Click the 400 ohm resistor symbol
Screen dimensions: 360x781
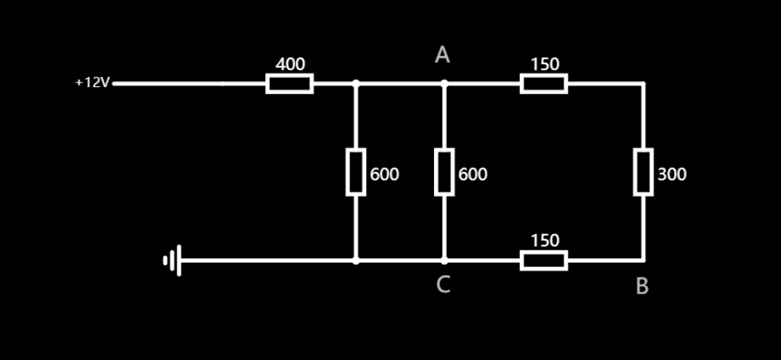click(x=289, y=84)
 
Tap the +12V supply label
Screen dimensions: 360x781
click(x=92, y=83)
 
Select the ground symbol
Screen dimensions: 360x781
click(x=173, y=261)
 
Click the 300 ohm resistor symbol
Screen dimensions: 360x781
click(x=643, y=173)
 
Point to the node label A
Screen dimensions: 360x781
click(x=442, y=55)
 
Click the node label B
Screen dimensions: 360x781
click(x=642, y=287)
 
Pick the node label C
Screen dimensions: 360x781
click(x=443, y=285)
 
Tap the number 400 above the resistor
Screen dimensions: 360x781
click(x=290, y=64)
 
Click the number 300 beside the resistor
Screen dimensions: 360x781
click(x=672, y=174)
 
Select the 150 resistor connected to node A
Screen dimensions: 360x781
click(x=543, y=84)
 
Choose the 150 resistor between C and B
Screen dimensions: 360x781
click(x=543, y=261)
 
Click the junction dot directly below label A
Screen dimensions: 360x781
click(x=444, y=84)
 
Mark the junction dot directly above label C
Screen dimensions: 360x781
click(x=444, y=261)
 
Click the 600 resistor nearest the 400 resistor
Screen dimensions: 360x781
click(x=355, y=173)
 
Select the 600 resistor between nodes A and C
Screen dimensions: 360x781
click(x=444, y=173)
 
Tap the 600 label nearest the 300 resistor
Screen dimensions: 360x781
click(x=473, y=174)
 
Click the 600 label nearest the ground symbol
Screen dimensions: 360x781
click(x=384, y=174)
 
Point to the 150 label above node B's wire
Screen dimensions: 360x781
click(x=545, y=241)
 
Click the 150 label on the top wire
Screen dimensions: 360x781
click(x=545, y=64)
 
